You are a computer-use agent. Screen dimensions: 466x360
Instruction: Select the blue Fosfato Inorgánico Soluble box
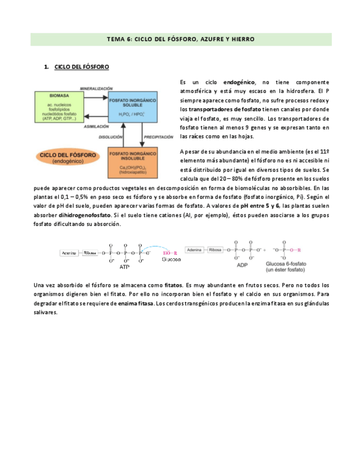[132, 107]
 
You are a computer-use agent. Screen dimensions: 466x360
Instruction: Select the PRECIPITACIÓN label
[159, 137]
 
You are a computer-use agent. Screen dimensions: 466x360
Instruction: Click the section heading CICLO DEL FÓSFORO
[82, 67]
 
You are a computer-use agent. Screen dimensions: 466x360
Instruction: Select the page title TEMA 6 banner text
[180, 40]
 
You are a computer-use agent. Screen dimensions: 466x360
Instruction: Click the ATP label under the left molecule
[125, 267]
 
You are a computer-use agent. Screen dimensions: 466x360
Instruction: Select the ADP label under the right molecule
[242, 264]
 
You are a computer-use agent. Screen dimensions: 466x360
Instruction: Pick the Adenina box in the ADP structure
[195, 249]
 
